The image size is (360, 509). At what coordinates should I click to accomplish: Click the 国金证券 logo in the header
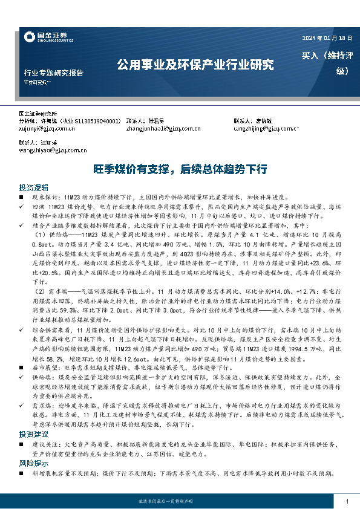45,37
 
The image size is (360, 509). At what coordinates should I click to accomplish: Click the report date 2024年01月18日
327,38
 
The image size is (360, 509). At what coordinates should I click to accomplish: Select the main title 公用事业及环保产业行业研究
195,63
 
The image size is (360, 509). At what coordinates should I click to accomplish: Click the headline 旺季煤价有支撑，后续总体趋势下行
180,169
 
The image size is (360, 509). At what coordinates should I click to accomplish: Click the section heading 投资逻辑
31,187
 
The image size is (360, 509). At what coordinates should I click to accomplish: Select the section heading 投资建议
31,434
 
